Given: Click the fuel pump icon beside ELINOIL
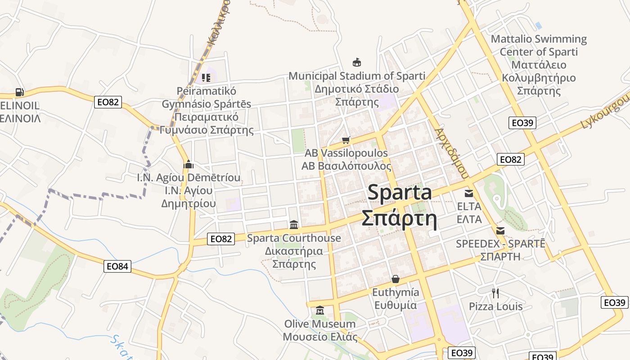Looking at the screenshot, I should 19,92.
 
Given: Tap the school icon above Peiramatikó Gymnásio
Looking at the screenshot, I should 206,78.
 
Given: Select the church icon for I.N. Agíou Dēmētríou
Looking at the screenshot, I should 189,164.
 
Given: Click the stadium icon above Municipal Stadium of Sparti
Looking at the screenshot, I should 357,62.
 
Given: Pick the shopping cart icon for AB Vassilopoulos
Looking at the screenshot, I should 346,140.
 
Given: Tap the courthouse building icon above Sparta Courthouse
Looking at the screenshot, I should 294,224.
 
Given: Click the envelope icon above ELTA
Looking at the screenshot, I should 469,193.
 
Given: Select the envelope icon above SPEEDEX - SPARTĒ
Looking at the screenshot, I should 500,231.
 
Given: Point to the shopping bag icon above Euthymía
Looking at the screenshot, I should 395,279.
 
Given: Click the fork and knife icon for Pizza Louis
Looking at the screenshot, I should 495,293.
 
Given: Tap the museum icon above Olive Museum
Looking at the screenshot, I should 320,310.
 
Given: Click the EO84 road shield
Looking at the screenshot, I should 117,266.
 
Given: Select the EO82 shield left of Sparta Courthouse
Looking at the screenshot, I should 221,239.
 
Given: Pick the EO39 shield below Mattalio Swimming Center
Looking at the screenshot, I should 522,123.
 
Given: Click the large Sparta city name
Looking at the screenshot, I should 400,193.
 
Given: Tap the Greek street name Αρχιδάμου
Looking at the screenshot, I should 452,153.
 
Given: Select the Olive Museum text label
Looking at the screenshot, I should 319,324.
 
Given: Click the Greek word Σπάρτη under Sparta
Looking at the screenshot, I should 400,219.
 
